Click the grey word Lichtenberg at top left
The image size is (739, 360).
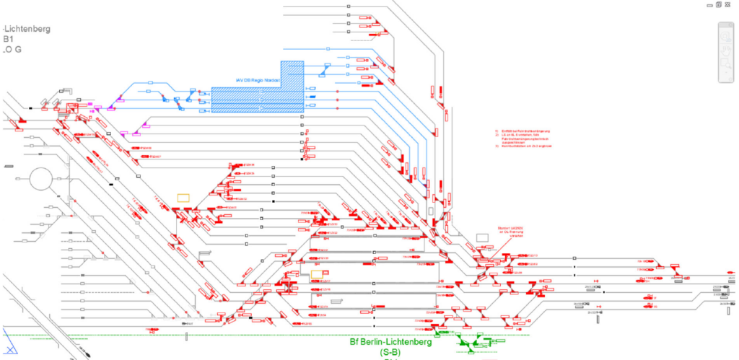pos(27,29)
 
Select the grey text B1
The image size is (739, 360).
pos(9,40)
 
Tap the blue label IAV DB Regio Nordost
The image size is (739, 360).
pos(258,79)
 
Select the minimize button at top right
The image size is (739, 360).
pos(709,4)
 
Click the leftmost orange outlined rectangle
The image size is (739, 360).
pos(184,196)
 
